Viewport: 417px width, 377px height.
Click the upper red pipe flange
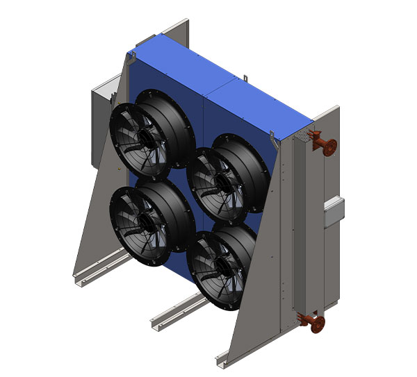328,146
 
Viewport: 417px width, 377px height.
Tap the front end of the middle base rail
156,324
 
